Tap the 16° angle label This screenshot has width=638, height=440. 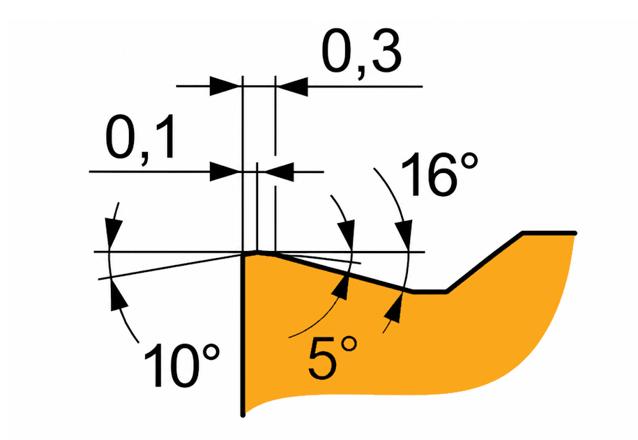click(x=439, y=174)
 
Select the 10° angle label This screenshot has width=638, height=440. click(x=181, y=365)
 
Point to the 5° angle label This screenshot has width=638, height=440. click(x=333, y=358)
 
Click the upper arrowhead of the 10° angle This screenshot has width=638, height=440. click(x=113, y=232)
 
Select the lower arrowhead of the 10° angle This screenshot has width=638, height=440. click(x=117, y=296)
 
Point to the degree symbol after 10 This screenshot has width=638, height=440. click(x=210, y=354)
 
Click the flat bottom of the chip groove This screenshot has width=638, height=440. click(x=430, y=291)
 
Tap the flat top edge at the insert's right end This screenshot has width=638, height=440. click(x=549, y=233)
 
